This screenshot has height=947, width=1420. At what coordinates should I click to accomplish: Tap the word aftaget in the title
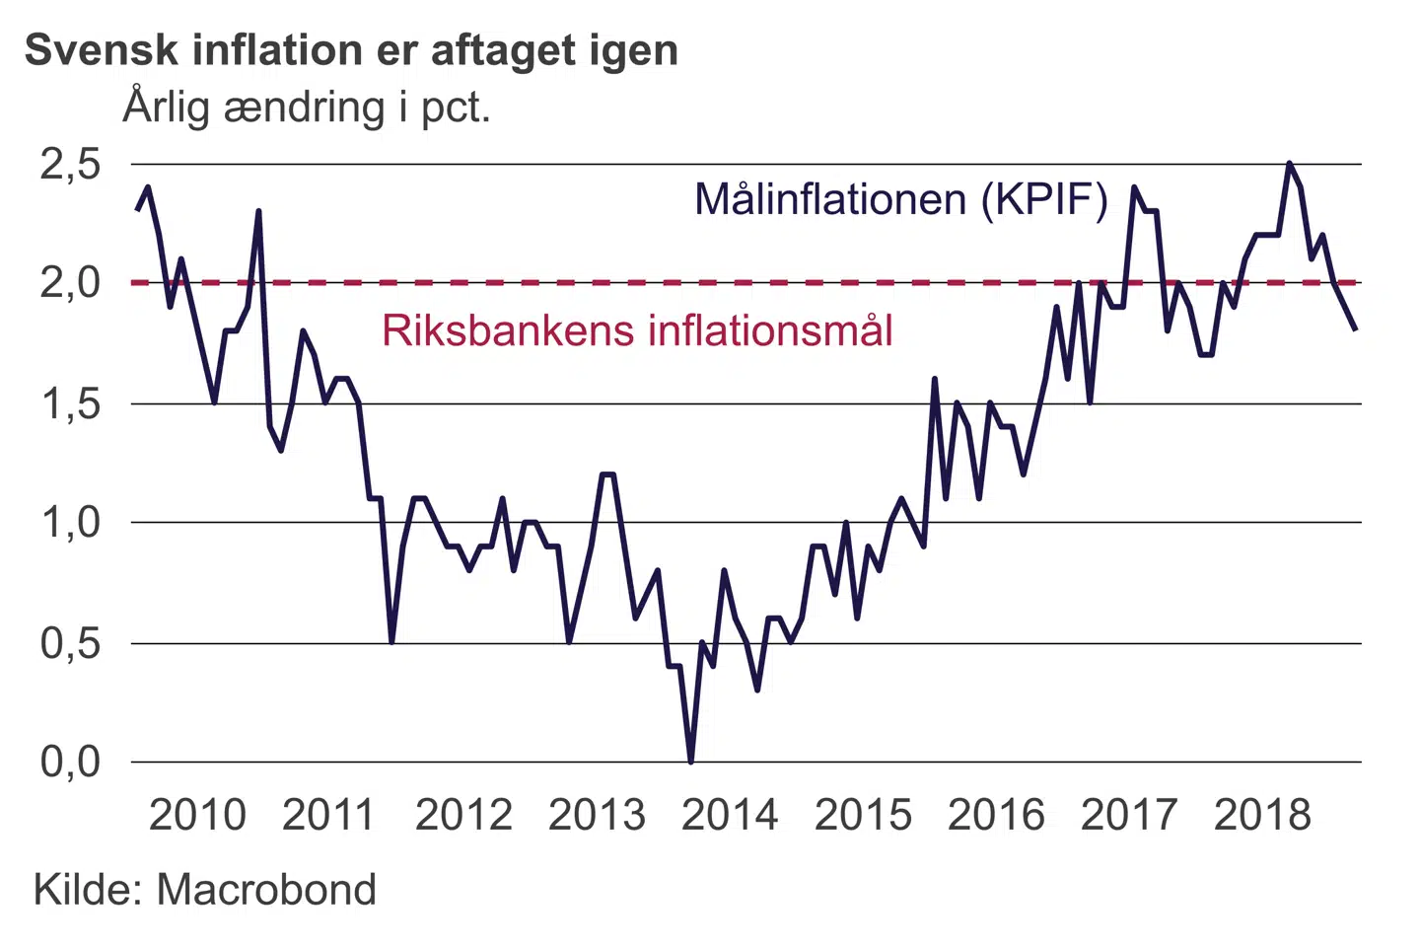[503, 51]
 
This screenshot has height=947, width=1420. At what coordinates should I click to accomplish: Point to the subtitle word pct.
[456, 107]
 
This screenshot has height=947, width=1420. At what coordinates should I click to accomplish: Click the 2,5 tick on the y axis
[71, 164]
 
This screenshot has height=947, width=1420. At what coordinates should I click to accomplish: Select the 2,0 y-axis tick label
[71, 283]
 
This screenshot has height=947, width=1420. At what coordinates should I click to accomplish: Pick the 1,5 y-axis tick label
[71, 403]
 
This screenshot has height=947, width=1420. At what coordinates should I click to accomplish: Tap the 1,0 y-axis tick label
[71, 522]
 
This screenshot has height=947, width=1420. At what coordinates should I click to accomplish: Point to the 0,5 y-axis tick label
[71, 643]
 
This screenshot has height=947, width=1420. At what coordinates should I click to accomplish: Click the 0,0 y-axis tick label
[71, 762]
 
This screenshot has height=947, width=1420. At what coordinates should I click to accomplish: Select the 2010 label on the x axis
[197, 815]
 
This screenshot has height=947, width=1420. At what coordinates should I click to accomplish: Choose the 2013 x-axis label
[597, 815]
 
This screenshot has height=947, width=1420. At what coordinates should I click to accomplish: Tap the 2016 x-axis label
[996, 815]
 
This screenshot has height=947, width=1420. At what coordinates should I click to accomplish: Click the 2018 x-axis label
[1262, 815]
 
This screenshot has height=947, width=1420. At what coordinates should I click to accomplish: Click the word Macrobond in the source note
[266, 890]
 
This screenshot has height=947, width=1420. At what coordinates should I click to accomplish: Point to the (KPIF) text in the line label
[1044, 200]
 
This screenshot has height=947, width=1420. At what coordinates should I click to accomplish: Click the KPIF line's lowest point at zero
[690, 761]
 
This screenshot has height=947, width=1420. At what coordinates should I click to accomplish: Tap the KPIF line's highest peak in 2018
[1289, 164]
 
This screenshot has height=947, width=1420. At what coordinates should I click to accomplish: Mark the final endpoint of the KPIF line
[1356, 329]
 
